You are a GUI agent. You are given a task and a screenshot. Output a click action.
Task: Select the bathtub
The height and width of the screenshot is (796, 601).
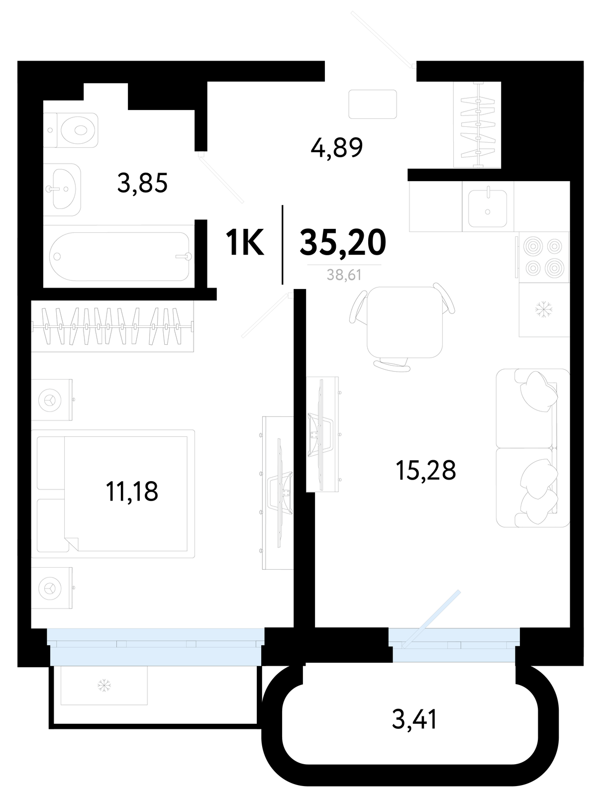[119, 256]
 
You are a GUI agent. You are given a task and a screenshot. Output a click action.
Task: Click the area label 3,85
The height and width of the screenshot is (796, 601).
[142, 183]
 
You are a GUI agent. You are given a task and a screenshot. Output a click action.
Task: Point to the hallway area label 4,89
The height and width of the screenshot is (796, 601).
[337, 148]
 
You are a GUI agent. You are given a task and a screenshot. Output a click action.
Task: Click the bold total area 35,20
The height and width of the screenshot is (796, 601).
[343, 242]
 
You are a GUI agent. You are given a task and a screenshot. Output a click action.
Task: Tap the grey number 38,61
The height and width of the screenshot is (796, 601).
[344, 275]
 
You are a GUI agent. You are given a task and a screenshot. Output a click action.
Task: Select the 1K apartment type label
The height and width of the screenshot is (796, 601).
[244, 243]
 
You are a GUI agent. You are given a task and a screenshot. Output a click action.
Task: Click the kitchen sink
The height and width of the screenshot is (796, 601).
[488, 208]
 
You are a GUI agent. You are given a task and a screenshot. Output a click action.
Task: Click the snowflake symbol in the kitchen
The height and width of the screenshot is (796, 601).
[543, 309]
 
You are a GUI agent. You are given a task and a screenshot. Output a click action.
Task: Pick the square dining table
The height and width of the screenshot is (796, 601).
[404, 322]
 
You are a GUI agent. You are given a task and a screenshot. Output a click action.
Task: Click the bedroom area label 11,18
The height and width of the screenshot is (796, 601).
[132, 491]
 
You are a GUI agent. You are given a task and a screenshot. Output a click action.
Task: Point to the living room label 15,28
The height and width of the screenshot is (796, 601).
[426, 470]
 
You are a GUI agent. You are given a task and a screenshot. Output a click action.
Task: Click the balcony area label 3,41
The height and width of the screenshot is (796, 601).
[414, 718]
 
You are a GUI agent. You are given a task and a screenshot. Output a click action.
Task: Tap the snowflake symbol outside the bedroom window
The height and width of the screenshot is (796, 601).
[104, 686]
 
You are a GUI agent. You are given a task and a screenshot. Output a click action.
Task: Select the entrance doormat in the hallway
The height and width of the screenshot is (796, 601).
[373, 104]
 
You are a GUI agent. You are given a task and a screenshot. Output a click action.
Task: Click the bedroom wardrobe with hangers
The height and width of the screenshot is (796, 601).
[112, 326]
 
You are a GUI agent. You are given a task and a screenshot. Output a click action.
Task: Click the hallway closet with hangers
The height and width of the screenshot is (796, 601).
[478, 125]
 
